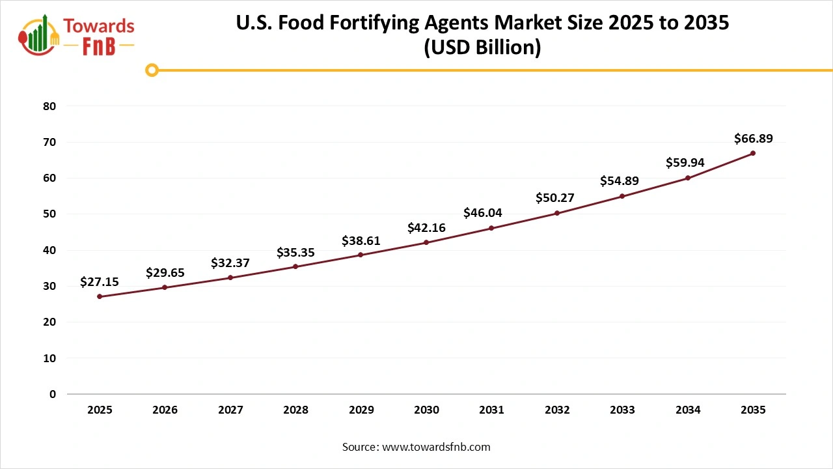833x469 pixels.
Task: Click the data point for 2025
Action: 100,296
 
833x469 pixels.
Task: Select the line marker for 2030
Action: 426,242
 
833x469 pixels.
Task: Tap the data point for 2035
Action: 753,153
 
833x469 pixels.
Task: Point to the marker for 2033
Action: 622,196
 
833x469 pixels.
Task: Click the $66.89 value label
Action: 753,138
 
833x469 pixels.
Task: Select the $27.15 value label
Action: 100,281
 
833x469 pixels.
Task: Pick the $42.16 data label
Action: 426,227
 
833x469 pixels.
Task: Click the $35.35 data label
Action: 295,252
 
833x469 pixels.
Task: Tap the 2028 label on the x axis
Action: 295,410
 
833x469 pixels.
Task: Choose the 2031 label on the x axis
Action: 491,410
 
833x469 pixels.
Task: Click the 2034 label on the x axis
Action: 688,410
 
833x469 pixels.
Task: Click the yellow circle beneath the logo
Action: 152,70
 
